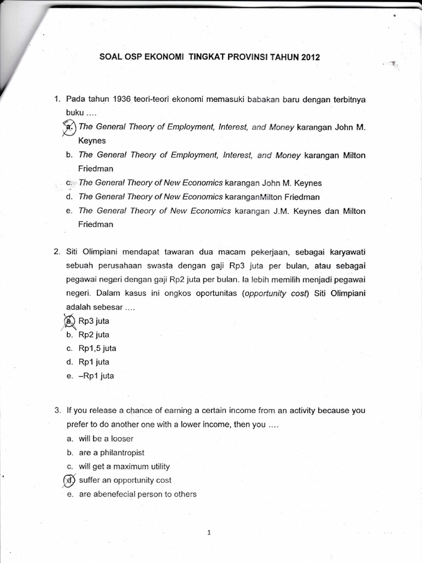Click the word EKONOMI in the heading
click(x=159, y=56)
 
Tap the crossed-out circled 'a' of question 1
click(x=69, y=127)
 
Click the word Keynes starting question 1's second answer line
click(x=92, y=141)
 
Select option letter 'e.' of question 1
click(x=69, y=211)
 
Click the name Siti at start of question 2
click(x=74, y=252)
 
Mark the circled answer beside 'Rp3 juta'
click(x=69, y=321)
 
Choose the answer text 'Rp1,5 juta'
click(x=98, y=349)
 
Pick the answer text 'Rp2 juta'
click(x=95, y=335)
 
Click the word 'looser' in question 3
click(x=122, y=439)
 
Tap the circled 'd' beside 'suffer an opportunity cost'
click(x=69, y=480)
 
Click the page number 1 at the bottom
click(x=210, y=532)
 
